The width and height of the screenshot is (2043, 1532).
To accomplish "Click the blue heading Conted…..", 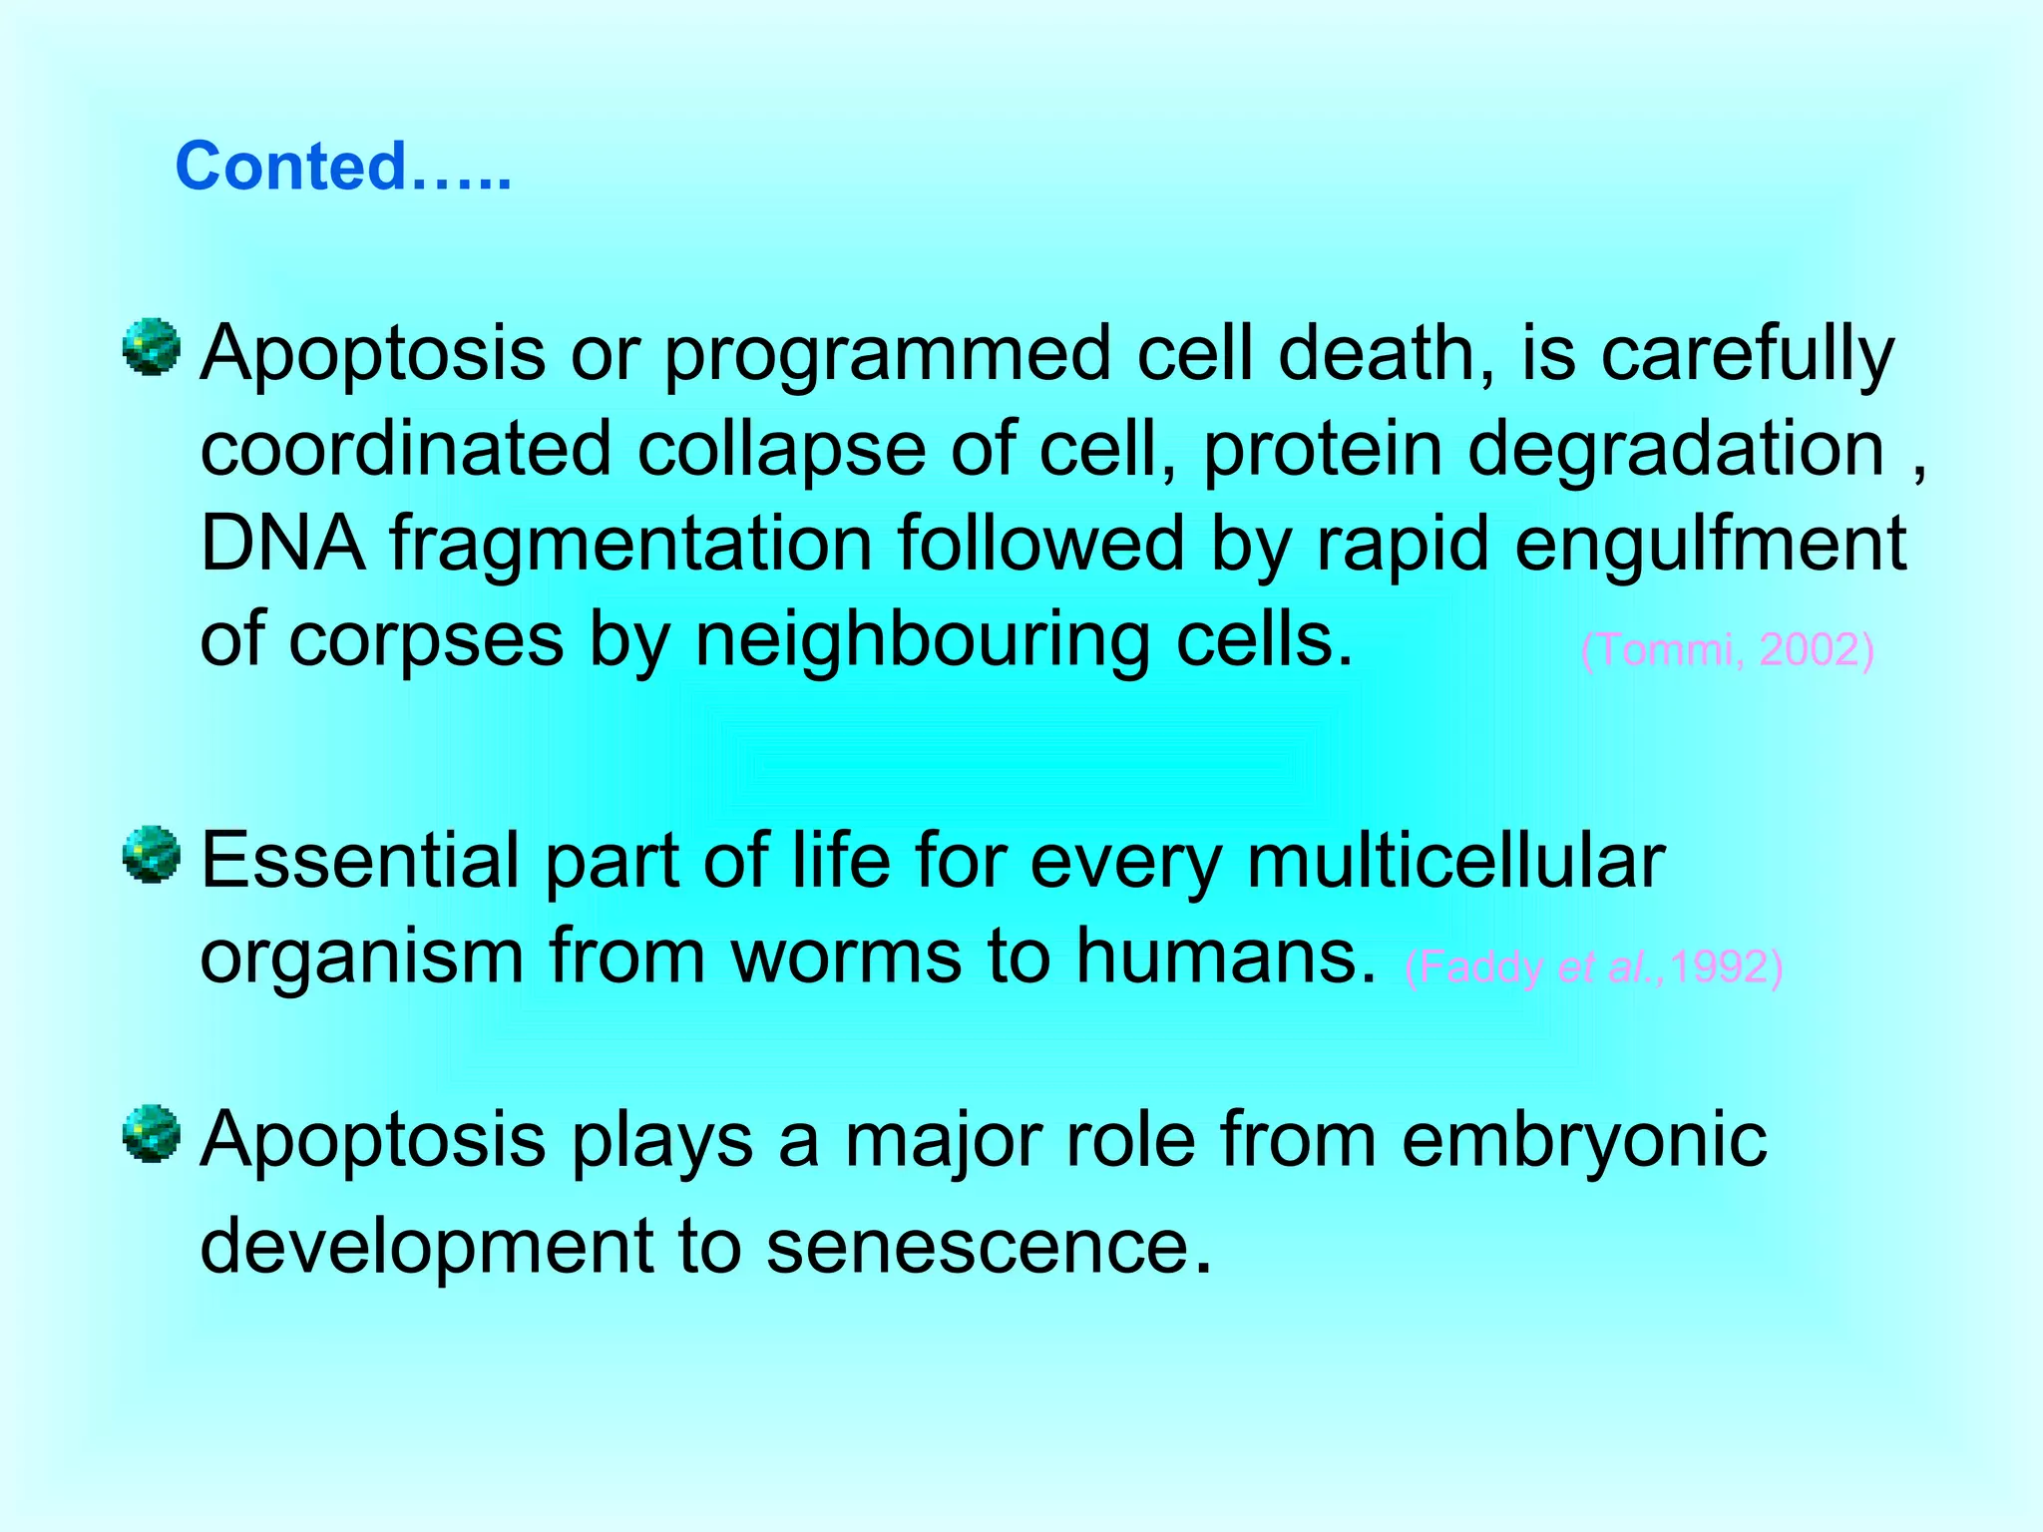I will [343, 167].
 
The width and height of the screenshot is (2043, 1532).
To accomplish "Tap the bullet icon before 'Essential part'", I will [152, 854].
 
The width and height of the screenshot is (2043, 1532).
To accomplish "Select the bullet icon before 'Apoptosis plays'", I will [152, 1133].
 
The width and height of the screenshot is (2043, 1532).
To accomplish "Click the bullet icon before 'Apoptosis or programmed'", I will [152, 348].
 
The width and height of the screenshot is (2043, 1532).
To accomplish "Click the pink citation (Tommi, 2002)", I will [1727, 650].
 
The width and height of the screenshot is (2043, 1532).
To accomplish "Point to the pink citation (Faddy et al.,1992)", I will [1593, 966].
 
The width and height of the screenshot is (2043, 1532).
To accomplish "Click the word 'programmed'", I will [887, 355].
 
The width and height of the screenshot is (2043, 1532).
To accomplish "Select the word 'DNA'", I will [282, 545].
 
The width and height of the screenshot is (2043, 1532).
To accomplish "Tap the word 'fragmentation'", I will [630, 545].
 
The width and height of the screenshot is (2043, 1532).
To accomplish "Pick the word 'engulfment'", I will [1710, 545].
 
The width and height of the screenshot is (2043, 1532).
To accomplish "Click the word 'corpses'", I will [426, 641].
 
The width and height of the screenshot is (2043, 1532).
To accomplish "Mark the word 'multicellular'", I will [1455, 861].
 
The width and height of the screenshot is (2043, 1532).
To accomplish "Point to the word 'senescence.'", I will [989, 1246].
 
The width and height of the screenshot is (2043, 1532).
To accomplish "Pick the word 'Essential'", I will [360, 861].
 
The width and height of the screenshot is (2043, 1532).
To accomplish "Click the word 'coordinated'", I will [405, 449].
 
